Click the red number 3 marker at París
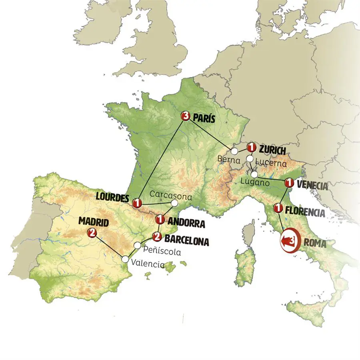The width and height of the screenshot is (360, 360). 185,116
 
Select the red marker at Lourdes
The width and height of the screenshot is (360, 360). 137,203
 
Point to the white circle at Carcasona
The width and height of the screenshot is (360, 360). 175,203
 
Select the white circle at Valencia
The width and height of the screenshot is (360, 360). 126,259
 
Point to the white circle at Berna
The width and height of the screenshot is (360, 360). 234,151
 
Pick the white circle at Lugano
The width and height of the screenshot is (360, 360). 254,175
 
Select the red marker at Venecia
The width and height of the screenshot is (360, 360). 288,183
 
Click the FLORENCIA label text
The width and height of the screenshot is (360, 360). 305,212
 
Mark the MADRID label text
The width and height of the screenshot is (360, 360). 94,221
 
